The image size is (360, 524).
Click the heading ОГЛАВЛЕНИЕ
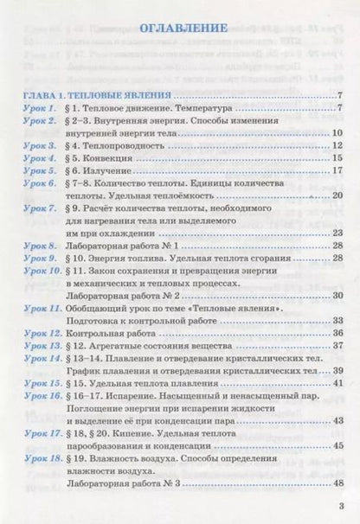tap(181, 28)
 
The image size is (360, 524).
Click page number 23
tap(338, 233)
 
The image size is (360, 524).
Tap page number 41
tap(338, 381)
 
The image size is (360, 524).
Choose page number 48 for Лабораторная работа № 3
tap(338, 493)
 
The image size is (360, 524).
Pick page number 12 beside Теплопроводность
tap(338, 146)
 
